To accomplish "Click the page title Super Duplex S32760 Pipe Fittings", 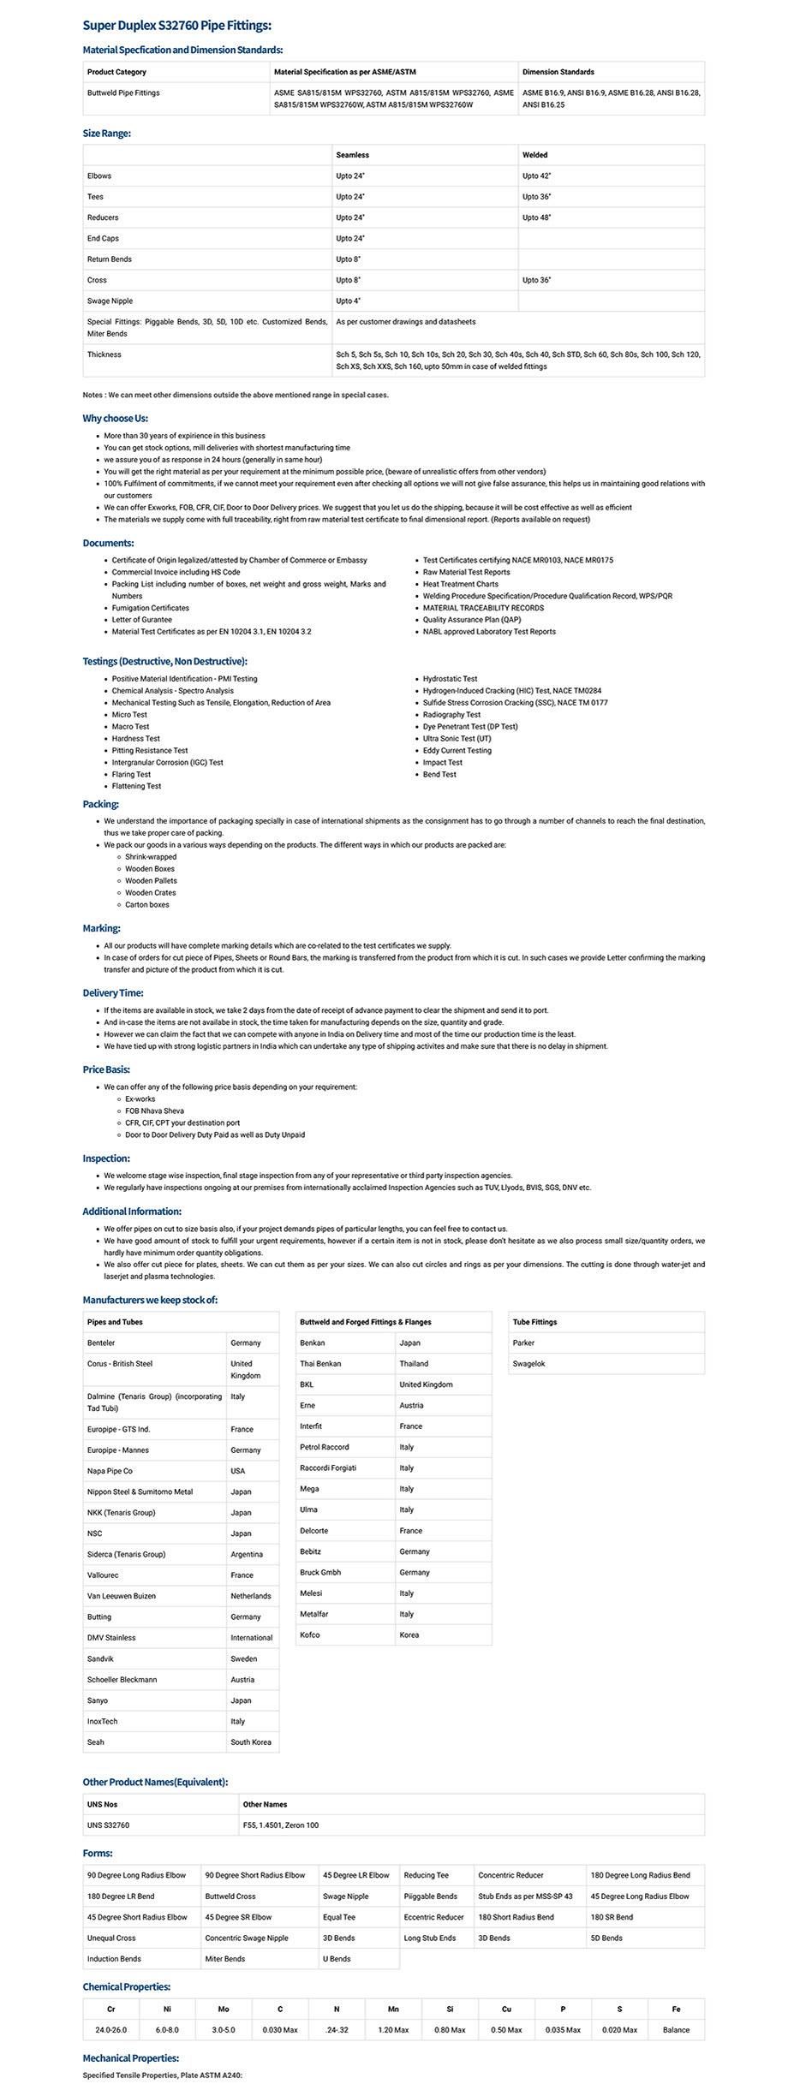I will tap(176, 26).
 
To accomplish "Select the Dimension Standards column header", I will tap(558, 72).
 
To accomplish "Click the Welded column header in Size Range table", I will tap(534, 155).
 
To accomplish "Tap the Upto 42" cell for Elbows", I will tap(536, 176).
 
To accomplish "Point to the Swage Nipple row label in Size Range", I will tap(110, 301).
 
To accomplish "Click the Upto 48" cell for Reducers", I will tap(536, 217).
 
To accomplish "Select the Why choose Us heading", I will tap(115, 418).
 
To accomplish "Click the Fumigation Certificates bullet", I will tap(150, 608).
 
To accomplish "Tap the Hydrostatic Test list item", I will tap(450, 678).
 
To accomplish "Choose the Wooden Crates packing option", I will tap(150, 892).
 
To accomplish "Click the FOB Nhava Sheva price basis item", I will tap(154, 1110).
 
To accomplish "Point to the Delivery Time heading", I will tap(113, 992).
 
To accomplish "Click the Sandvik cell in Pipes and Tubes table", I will tap(100, 1658).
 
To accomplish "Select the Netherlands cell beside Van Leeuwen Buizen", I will tap(250, 1596).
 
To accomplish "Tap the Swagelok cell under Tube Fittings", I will tap(528, 1364).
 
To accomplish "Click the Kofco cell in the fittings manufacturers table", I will tap(310, 1634).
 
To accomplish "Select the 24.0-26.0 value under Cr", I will tap(110, 2029).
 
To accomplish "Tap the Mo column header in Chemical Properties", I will tap(224, 2008).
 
